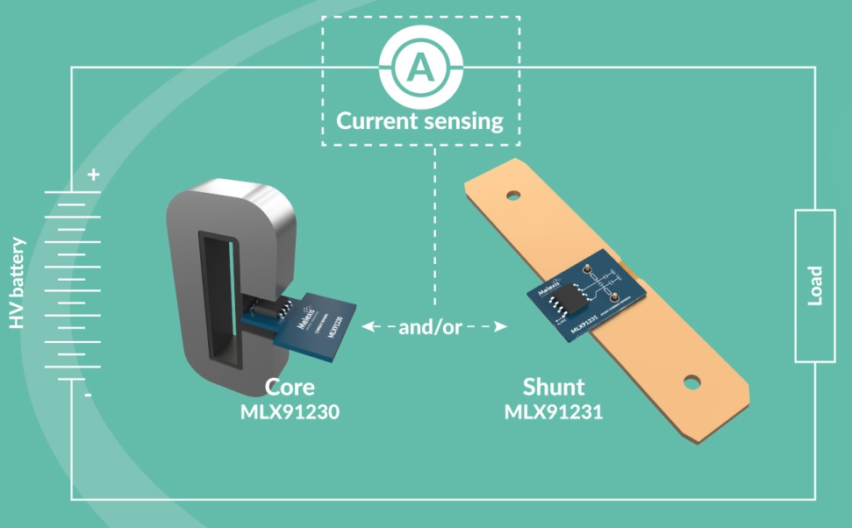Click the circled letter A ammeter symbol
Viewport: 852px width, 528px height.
420,67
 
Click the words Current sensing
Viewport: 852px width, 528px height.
420,120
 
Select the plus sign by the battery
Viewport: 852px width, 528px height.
93,174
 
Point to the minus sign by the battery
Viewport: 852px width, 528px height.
88,396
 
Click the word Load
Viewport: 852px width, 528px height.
815,285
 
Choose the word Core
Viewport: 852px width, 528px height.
290,387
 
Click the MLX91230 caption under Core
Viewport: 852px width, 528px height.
290,410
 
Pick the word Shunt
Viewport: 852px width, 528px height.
554,387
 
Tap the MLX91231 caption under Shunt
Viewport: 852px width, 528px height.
554,410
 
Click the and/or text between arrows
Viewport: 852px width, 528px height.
430,327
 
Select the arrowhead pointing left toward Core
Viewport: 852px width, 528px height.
369,327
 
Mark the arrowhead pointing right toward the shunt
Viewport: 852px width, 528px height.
501,327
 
